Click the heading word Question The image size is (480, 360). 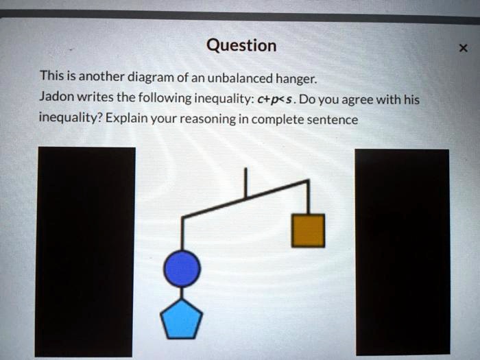tap(241, 46)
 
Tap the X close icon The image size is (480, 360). tap(463, 48)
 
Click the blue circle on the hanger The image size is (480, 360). tap(182, 268)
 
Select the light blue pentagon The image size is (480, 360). tap(182, 320)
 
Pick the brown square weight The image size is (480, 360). tap(308, 230)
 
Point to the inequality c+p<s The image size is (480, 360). tap(276, 99)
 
